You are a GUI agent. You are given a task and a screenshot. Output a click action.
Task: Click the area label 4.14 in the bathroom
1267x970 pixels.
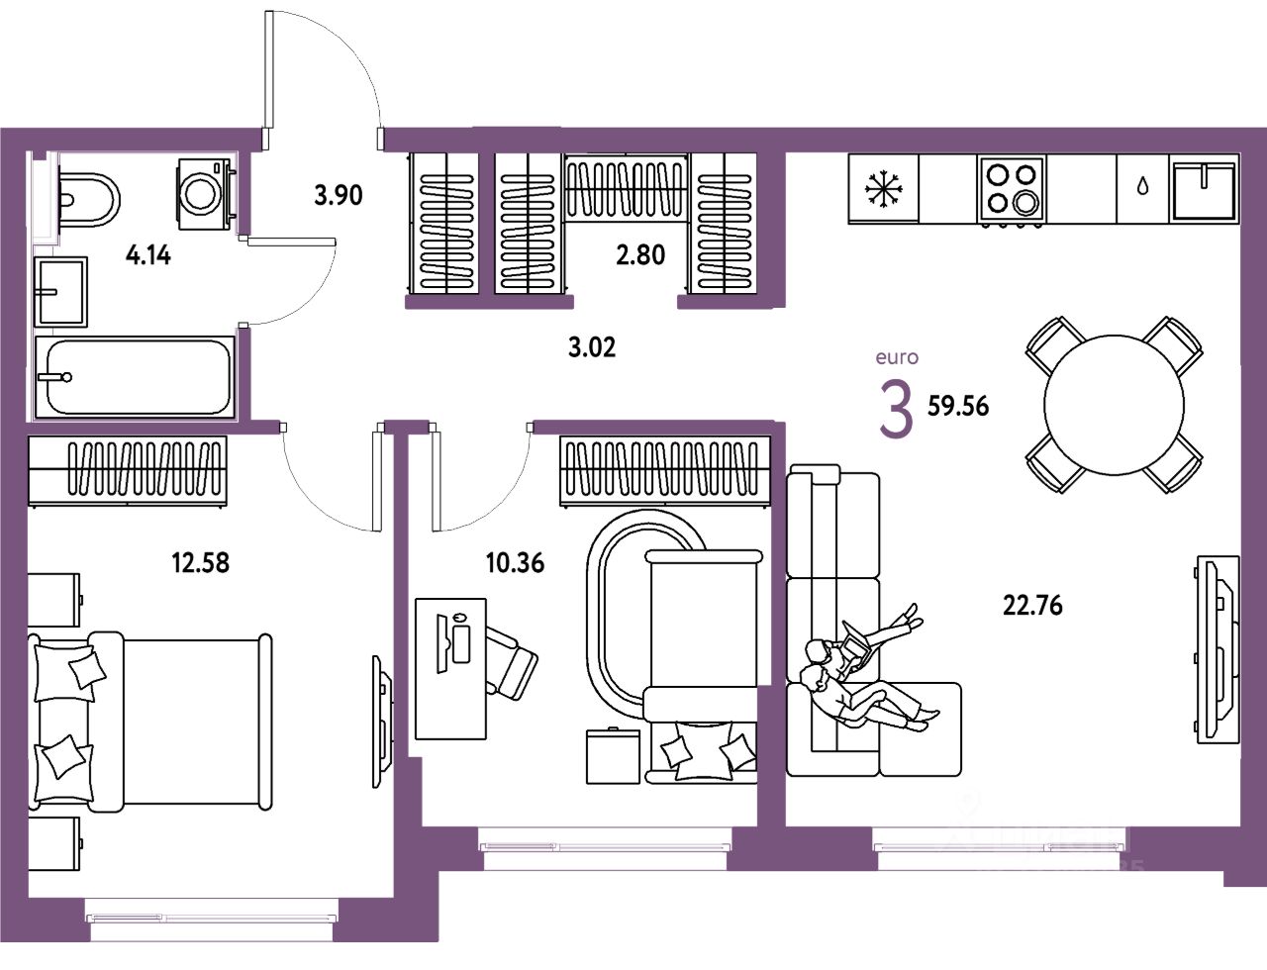[148, 255]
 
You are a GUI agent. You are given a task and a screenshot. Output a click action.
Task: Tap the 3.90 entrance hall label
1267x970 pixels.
[339, 195]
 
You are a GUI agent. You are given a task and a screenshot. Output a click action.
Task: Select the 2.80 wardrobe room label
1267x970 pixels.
[640, 254]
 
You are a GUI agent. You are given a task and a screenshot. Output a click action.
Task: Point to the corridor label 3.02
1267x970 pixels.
[592, 347]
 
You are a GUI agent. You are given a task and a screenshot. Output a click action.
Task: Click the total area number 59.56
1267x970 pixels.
[958, 406]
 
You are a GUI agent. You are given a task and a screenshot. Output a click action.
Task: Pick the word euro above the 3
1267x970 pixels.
[897, 357]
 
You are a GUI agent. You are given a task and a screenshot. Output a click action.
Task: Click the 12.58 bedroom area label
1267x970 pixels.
[200, 563]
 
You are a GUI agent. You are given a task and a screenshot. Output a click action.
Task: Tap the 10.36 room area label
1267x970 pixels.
[515, 563]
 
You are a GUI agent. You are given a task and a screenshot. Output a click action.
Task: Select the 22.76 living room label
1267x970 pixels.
[1032, 605]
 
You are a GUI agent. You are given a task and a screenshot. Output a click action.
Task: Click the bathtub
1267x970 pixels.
[135, 377]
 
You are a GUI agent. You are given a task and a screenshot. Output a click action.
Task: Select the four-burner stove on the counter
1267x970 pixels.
[1012, 189]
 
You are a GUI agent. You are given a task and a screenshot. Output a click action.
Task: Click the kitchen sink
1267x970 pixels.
[1204, 189]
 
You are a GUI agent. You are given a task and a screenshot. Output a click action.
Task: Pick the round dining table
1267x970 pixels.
[1114, 405]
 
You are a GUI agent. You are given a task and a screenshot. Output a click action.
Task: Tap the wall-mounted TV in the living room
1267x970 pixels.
[1217, 648]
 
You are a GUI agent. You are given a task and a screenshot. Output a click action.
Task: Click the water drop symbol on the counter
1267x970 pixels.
[1143, 187]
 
